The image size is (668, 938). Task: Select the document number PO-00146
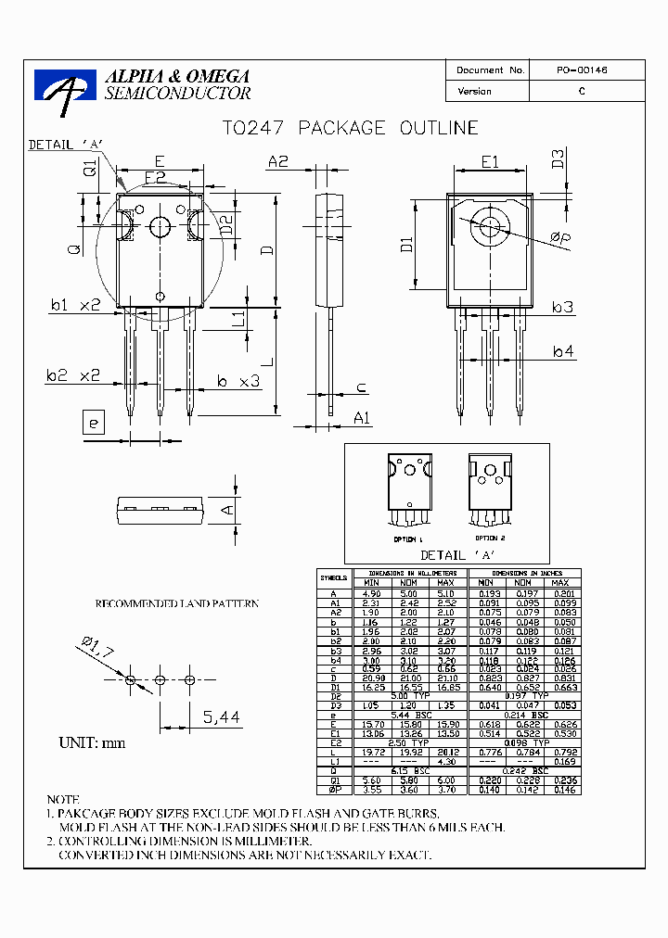[582, 70]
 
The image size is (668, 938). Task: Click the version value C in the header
[582, 92]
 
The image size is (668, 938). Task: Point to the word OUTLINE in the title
[439, 128]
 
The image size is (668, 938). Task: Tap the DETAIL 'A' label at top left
[65, 145]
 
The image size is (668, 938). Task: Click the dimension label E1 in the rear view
[490, 161]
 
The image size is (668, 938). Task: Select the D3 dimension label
[558, 158]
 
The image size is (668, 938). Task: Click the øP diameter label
[560, 240]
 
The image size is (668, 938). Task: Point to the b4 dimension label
[563, 351]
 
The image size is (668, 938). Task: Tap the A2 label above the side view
[278, 161]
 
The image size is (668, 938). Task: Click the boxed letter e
[92, 425]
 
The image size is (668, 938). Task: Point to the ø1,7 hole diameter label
[97, 647]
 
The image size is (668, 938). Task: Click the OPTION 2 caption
[489, 538]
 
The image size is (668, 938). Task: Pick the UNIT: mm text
[92, 742]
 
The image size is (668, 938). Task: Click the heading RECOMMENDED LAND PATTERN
[176, 604]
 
